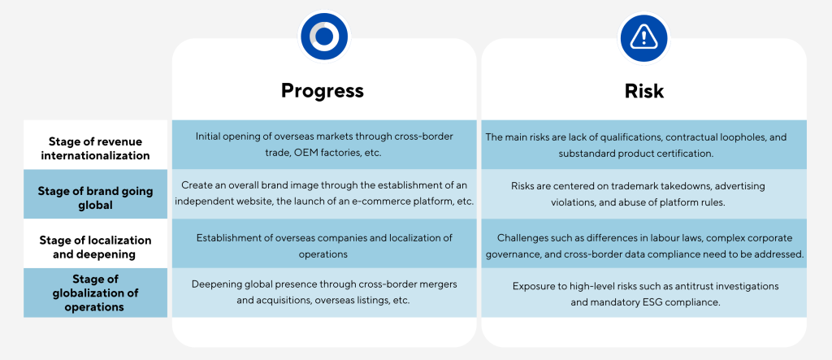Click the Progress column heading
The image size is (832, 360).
click(322, 90)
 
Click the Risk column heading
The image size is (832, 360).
click(643, 91)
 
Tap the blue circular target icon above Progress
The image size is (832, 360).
click(324, 36)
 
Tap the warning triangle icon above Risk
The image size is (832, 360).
click(644, 37)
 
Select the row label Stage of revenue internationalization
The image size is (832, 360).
click(96, 149)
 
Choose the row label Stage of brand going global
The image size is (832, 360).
click(96, 197)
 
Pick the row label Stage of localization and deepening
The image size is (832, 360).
click(96, 247)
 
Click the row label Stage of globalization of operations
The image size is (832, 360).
click(96, 293)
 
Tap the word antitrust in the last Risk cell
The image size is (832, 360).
click(701, 286)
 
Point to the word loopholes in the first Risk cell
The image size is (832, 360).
click(746, 137)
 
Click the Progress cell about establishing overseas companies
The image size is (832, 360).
click(324, 246)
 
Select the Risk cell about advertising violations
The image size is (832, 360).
click(644, 193)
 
